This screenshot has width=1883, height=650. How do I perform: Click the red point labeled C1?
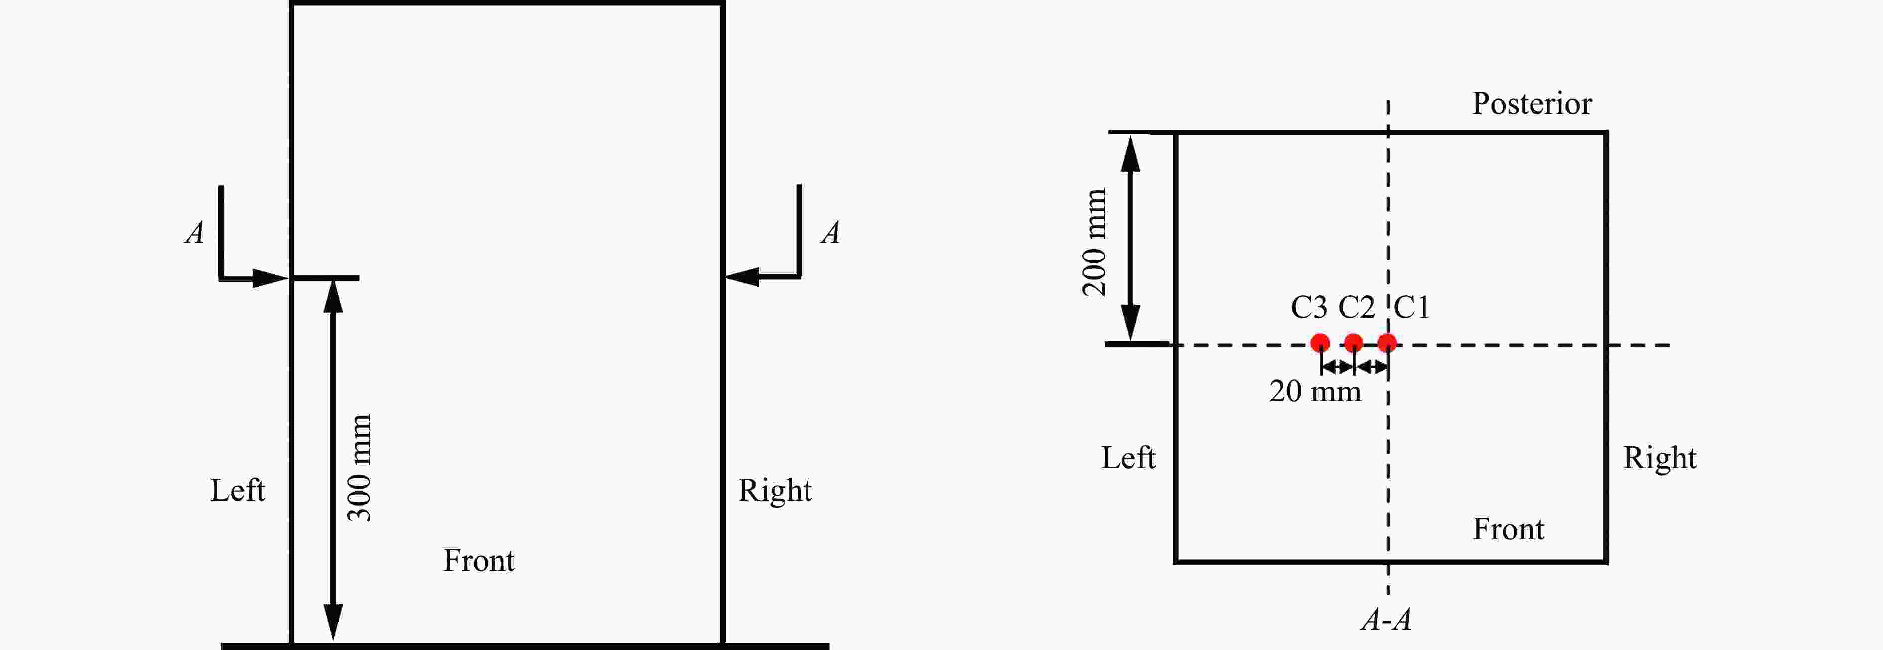[x=1387, y=342]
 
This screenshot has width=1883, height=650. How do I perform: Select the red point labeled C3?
[x=1320, y=342]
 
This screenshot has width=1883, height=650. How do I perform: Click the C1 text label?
[x=1412, y=307]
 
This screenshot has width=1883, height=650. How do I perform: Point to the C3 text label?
[x=1309, y=307]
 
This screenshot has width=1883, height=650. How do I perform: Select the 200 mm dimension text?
[x=1094, y=242]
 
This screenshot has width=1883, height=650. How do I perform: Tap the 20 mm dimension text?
[x=1315, y=391]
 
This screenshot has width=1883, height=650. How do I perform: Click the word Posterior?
[x=1531, y=103]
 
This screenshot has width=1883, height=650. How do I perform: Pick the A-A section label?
[x=1386, y=619]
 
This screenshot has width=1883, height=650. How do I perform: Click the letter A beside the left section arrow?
[x=194, y=233]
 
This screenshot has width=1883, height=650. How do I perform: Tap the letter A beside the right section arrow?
[x=830, y=233]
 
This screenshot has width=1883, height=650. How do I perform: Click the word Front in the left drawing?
[x=479, y=561]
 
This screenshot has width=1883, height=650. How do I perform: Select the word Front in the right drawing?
[x=1508, y=528]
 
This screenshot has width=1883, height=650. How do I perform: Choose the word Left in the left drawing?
[x=238, y=490]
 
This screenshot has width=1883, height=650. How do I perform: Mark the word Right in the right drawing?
[x=1660, y=458]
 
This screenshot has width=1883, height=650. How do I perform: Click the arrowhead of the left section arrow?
[x=271, y=278]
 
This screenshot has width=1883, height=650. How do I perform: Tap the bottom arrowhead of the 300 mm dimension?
[x=333, y=624]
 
